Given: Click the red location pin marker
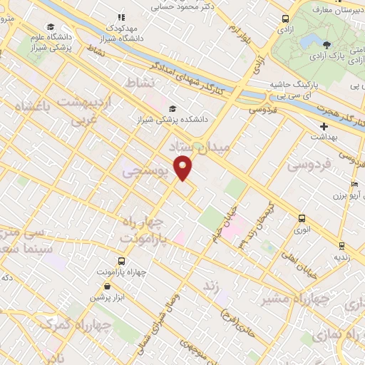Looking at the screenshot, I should click(183, 169).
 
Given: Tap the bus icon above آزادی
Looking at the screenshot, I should click(286, 19).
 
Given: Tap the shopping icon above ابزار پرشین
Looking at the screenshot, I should click(107, 286).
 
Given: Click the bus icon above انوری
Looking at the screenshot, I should click(302, 219).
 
